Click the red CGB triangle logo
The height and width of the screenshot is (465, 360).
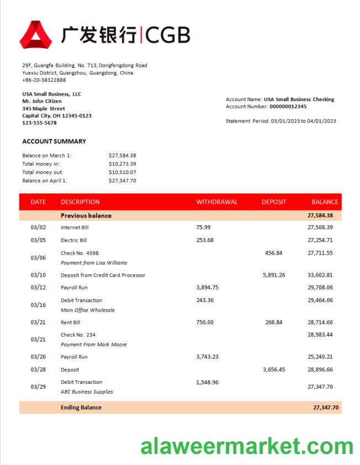(x=36, y=34)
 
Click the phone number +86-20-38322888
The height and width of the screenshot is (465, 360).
(x=44, y=80)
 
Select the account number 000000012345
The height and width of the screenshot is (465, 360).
(x=288, y=107)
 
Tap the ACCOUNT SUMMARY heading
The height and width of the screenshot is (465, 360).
(x=54, y=141)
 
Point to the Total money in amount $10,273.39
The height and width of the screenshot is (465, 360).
(x=123, y=164)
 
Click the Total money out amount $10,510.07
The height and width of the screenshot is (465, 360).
(x=123, y=172)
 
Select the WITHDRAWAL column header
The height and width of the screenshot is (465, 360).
(x=217, y=202)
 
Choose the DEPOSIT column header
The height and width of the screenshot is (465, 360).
(x=274, y=202)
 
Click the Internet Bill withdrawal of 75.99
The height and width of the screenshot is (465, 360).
(x=203, y=227)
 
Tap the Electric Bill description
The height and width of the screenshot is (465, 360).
(x=73, y=240)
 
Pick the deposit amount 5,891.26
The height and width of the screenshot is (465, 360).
(x=274, y=275)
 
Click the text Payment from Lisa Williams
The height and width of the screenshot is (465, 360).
(x=93, y=263)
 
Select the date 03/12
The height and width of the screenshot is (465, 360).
(x=38, y=288)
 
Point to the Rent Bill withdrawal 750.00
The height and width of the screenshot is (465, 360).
(x=205, y=323)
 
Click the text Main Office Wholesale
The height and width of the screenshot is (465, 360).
(x=88, y=310)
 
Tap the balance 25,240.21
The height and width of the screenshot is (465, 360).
(x=320, y=357)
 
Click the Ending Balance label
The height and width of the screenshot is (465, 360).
(x=81, y=408)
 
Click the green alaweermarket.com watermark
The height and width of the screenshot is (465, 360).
(x=247, y=446)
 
